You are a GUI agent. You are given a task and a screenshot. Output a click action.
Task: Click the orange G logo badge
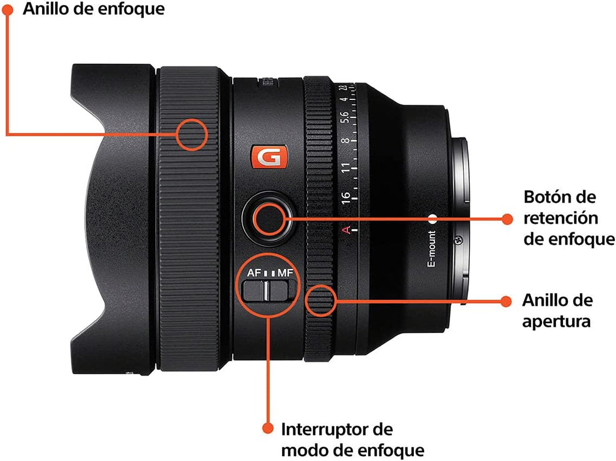pyautogui.click(x=269, y=157)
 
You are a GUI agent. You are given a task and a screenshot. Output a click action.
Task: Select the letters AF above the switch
pyautogui.click(x=254, y=273)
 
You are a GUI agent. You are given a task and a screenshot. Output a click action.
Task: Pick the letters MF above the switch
pyautogui.click(x=285, y=273)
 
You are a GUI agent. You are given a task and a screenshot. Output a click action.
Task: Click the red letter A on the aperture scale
pyautogui.click(x=346, y=229)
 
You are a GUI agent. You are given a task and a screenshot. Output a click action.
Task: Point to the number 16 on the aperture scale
pyautogui.click(x=346, y=197)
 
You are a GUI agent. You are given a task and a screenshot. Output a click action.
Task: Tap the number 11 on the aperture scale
pyautogui.click(x=346, y=168)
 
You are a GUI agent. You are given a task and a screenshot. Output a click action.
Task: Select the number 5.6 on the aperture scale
pyautogui.click(x=345, y=117)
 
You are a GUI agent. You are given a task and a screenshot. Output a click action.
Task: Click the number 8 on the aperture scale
pyautogui.click(x=345, y=140)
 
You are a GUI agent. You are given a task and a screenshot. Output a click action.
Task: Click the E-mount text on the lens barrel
pyautogui.click(x=432, y=249)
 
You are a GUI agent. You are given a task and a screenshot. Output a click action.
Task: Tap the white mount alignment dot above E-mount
pyautogui.click(x=433, y=219)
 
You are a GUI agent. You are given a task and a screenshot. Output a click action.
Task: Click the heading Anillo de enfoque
pyautogui.click(x=93, y=8)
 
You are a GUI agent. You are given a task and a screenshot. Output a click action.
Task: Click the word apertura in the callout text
pyautogui.click(x=556, y=321)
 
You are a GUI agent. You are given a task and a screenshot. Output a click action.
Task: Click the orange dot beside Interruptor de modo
pyautogui.click(x=268, y=428)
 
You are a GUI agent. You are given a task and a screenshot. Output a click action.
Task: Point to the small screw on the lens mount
pyautogui.click(x=458, y=240)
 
